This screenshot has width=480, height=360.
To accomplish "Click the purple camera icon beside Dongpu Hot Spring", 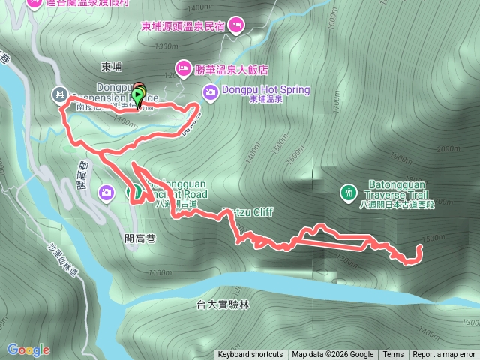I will point(211,91).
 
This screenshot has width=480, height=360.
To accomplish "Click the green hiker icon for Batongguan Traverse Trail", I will point(348,193).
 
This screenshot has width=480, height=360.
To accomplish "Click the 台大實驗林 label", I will point(222,304).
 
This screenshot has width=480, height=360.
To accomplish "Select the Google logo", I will point(28,349).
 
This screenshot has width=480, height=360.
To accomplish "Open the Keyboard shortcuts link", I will point(250,355).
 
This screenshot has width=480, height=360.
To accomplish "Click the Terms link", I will point(393,355).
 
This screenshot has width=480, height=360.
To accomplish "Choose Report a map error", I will point(444,355).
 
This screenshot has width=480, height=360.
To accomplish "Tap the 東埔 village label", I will point(111,67).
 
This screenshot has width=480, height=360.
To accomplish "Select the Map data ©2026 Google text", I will point(333,355).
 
